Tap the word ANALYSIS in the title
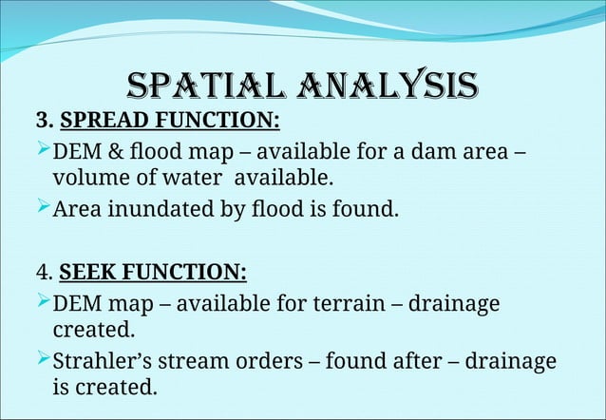pos(385,87)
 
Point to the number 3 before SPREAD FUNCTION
pos(41,122)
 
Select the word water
pos(199,178)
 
